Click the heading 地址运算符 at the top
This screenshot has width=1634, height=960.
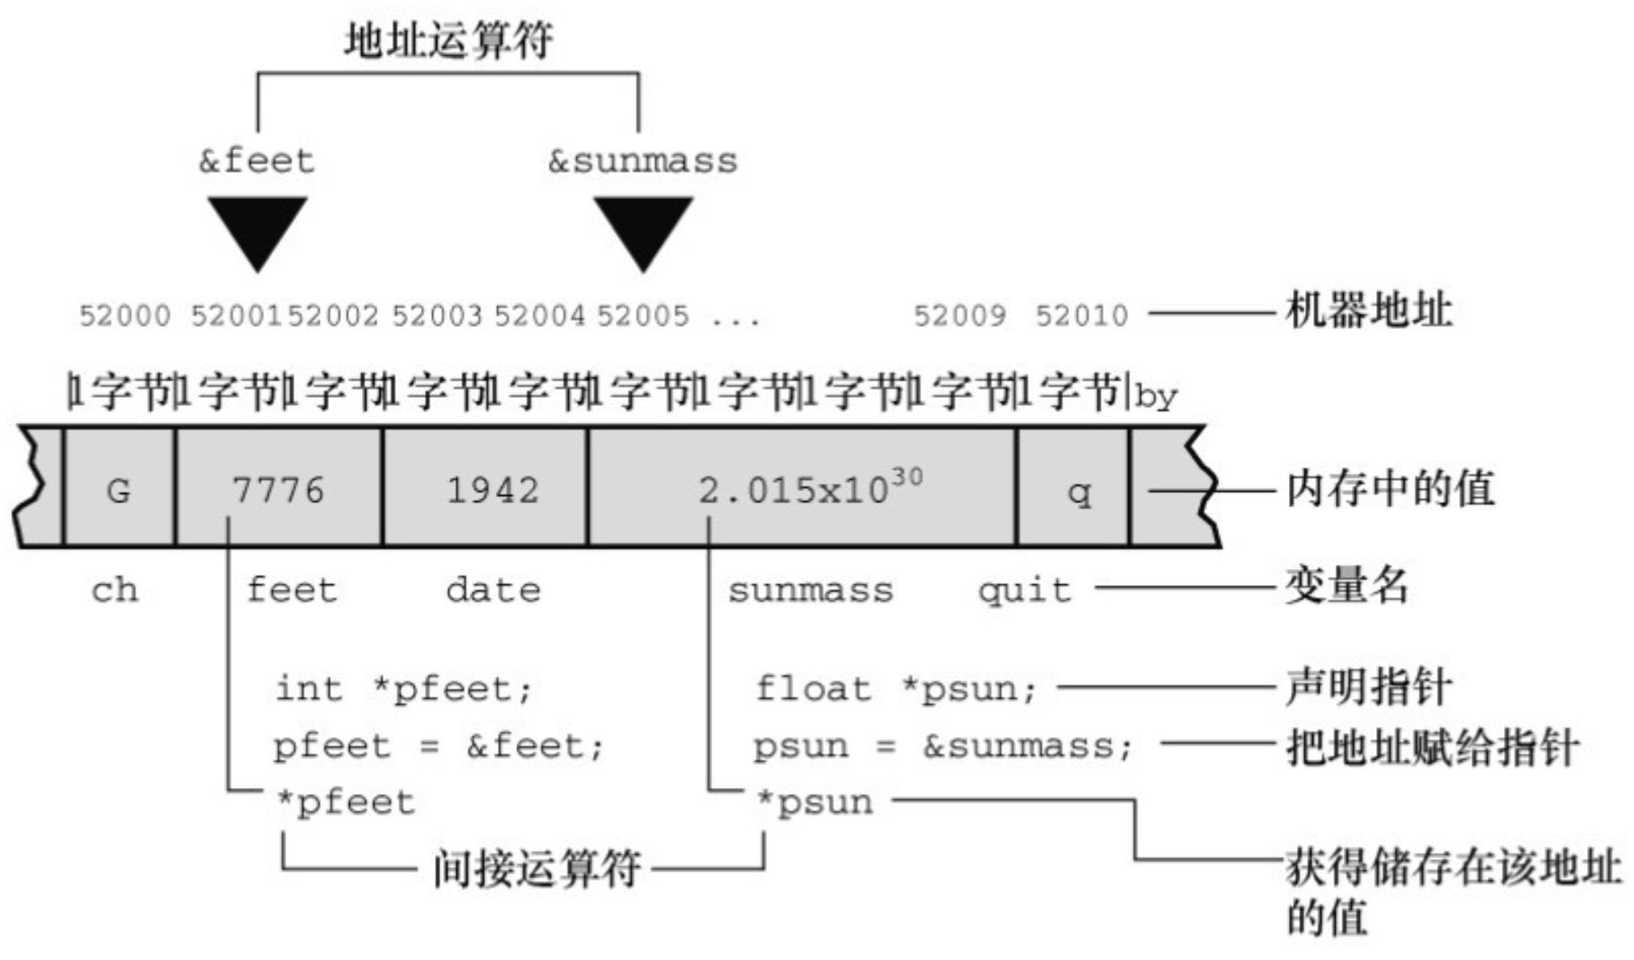449,40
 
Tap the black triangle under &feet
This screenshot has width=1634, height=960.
257,229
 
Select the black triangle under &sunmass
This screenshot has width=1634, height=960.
643,229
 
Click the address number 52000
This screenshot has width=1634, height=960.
124,315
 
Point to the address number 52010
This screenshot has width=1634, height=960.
1081,315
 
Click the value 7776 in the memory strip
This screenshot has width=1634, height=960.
278,490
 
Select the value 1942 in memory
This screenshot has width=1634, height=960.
492,490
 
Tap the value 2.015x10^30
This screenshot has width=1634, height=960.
808,488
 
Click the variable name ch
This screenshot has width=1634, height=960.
114,590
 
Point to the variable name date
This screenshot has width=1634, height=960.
492,590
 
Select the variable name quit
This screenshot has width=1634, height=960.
1024,591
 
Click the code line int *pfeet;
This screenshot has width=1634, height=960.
403,689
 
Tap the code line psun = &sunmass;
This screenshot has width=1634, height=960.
942,746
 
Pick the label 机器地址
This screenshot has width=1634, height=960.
1368,311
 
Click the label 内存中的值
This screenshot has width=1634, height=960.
1390,489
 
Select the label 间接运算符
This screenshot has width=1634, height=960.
537,869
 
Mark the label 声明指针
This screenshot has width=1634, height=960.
1368,688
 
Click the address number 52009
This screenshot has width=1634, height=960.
959,315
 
